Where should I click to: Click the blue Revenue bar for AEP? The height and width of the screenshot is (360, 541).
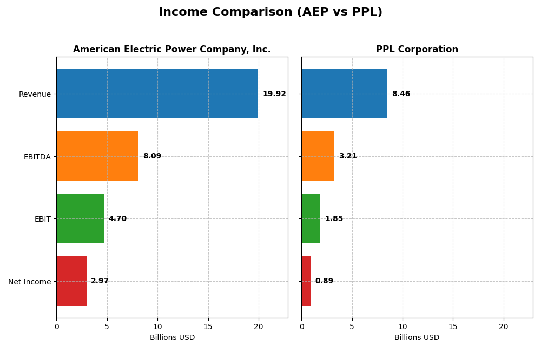pyautogui.click(x=157, y=94)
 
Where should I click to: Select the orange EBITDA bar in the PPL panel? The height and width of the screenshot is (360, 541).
pyautogui.click(x=318, y=156)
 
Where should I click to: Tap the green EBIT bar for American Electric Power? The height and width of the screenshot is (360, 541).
pyautogui.click(x=80, y=218)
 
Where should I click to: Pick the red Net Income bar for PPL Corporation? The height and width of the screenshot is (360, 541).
pyautogui.click(x=306, y=281)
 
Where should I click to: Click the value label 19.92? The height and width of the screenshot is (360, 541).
pyautogui.click(x=274, y=94)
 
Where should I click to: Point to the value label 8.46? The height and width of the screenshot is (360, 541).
pyautogui.click(x=401, y=94)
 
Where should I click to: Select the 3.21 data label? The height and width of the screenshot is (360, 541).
pyautogui.click(x=348, y=156)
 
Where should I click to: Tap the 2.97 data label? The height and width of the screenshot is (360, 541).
pyautogui.click(x=100, y=281)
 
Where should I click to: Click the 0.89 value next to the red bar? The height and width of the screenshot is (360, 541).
pyautogui.click(x=324, y=281)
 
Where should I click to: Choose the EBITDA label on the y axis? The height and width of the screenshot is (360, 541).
pyautogui.click(x=37, y=157)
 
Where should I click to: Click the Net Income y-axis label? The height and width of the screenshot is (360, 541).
pyautogui.click(x=29, y=282)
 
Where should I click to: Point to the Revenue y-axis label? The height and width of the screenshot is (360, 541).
pyautogui.click(x=35, y=94)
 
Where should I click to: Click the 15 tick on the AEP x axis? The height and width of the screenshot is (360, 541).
pyautogui.click(x=208, y=326)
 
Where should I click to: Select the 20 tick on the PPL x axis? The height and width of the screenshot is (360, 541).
pyautogui.click(x=503, y=326)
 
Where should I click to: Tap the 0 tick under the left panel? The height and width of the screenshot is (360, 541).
pyautogui.click(x=56, y=326)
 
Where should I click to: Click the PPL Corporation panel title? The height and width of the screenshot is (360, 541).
pyautogui.click(x=417, y=50)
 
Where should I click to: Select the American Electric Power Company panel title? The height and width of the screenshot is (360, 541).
pyautogui.click(x=171, y=50)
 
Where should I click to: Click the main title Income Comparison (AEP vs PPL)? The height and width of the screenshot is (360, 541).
pyautogui.click(x=270, y=12)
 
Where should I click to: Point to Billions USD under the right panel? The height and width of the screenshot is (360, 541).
pyautogui.click(x=417, y=338)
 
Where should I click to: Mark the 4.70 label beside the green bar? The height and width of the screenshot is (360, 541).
pyautogui.click(x=117, y=219)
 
